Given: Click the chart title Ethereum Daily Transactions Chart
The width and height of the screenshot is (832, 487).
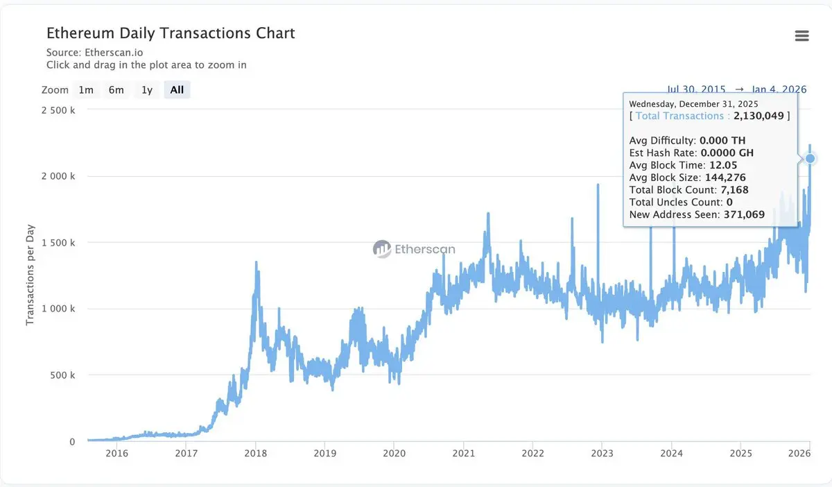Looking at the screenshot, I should (x=171, y=33).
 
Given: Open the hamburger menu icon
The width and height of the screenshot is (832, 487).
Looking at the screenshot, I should (x=801, y=36).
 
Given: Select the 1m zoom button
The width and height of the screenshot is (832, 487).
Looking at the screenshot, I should (x=86, y=90).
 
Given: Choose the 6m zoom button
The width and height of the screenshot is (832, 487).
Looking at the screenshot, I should (x=116, y=90).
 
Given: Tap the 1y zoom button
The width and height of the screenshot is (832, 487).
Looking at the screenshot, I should (x=147, y=90).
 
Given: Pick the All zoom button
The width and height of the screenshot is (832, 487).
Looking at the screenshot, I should (x=177, y=90).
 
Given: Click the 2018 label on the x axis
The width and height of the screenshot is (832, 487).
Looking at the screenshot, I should (x=255, y=454).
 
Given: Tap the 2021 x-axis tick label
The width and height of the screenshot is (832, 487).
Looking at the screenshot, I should (x=463, y=454).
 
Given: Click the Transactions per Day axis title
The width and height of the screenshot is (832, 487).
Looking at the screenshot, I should (x=30, y=275).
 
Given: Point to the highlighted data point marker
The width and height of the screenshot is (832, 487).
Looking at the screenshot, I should (x=810, y=159).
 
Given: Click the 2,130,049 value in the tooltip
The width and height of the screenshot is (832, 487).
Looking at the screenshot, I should (x=759, y=116).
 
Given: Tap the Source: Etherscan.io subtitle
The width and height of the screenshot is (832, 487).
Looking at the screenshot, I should (x=95, y=52).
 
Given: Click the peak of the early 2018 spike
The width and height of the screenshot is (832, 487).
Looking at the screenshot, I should (x=256, y=262).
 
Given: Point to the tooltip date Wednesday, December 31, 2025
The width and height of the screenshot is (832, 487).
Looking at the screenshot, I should (x=693, y=104).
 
